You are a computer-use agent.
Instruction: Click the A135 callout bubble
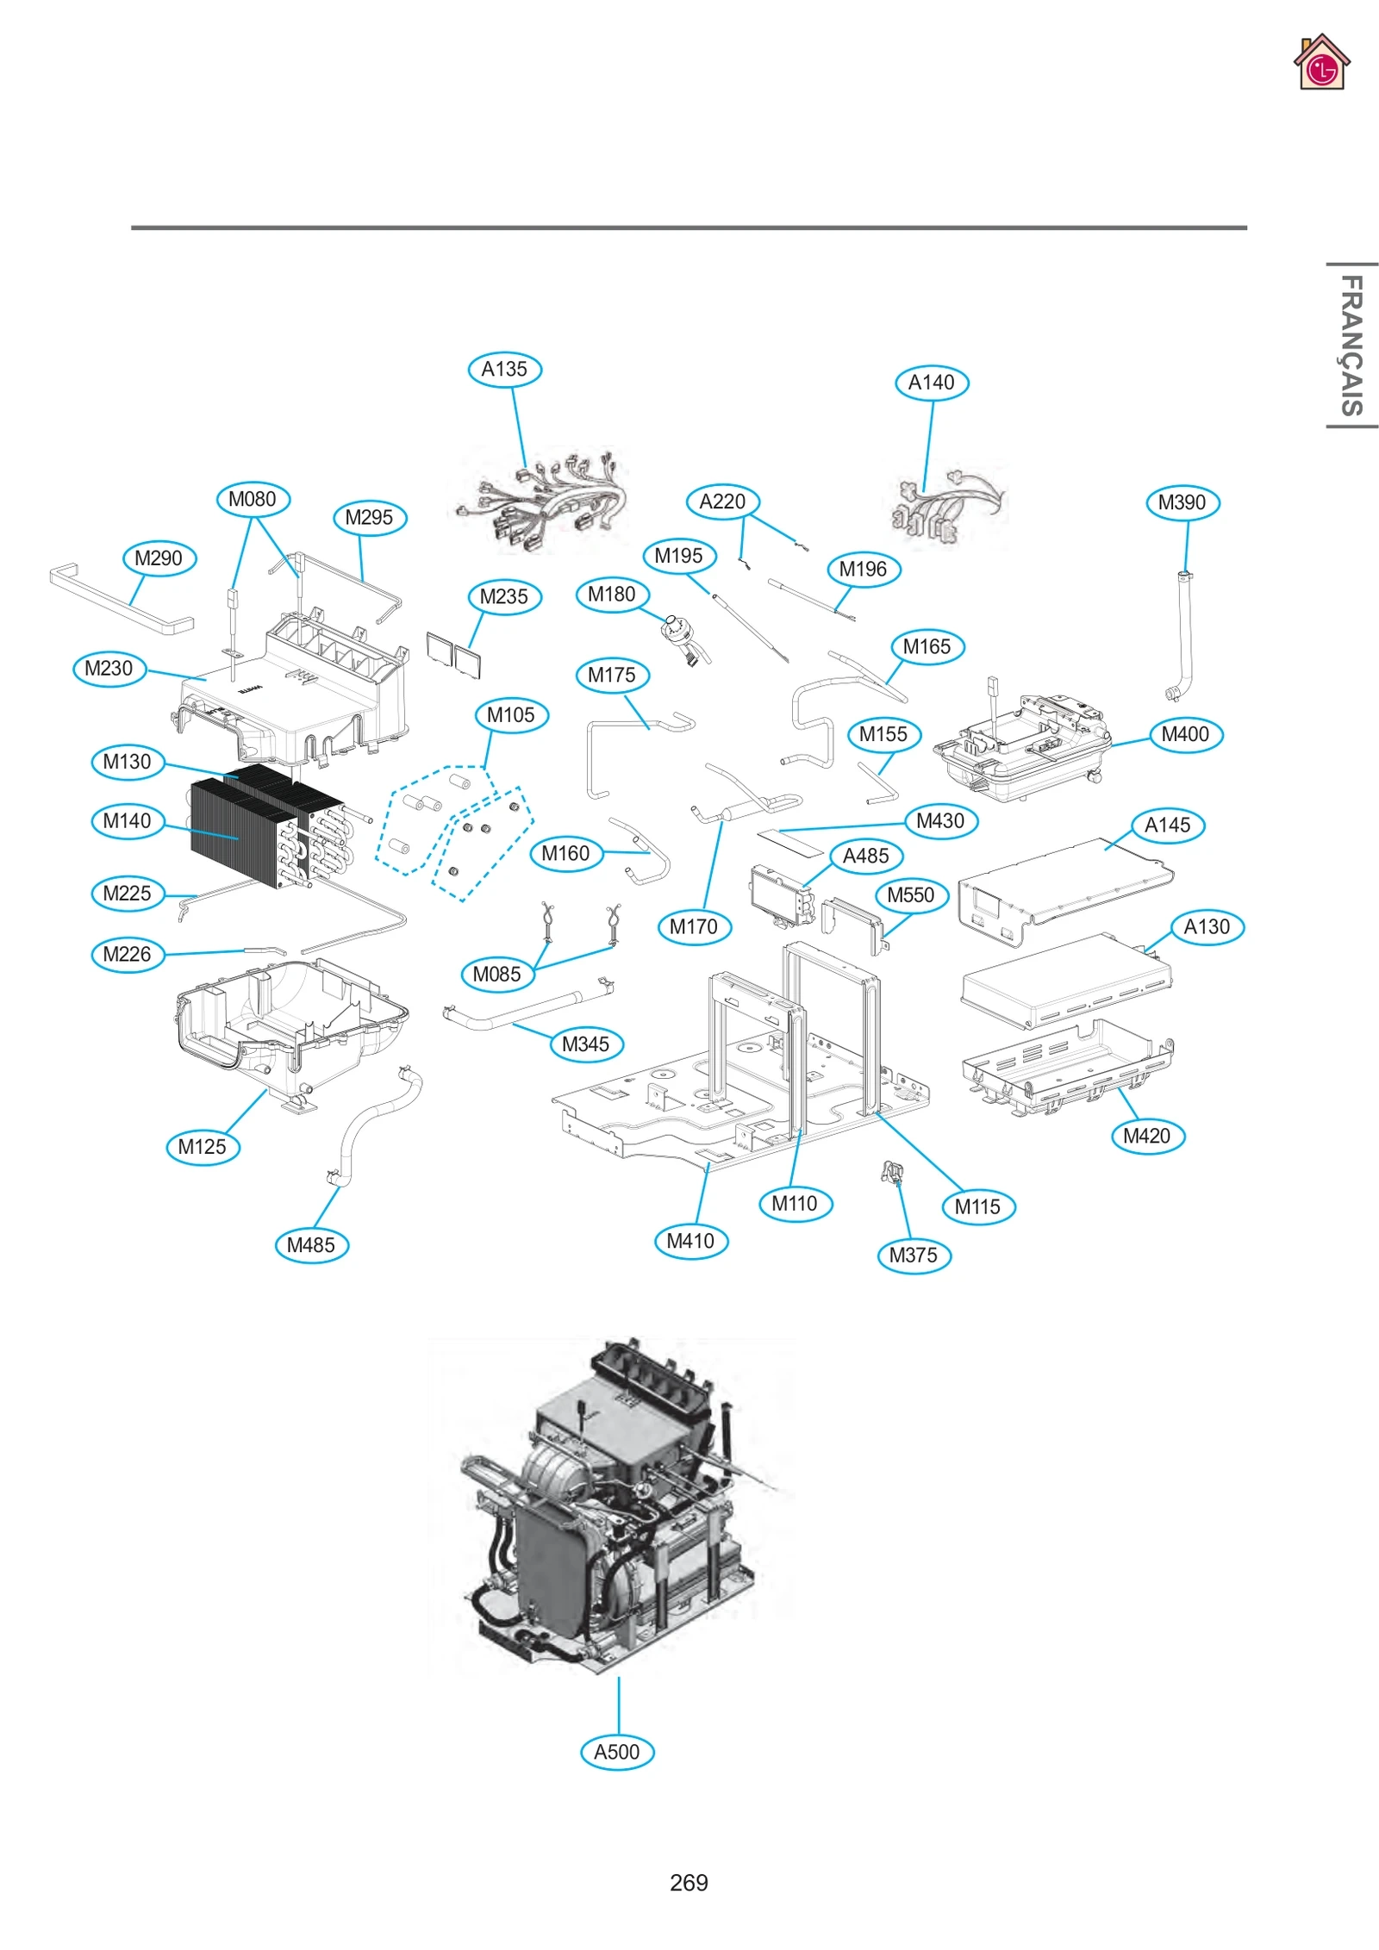(x=504, y=370)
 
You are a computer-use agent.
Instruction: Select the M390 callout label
(x=1182, y=502)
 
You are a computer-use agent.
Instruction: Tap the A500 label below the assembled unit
(x=617, y=1751)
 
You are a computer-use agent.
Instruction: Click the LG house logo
(x=1320, y=63)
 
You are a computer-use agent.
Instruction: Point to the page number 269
(x=689, y=1882)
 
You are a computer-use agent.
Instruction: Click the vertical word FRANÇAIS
(x=1351, y=345)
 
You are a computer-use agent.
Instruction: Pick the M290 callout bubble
(x=159, y=558)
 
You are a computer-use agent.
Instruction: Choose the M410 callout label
(x=690, y=1241)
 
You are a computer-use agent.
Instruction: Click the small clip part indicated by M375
(x=892, y=1173)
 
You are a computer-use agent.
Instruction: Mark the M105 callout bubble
(x=511, y=715)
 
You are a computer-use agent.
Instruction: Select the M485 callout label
(x=311, y=1245)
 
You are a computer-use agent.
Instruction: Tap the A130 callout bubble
(x=1207, y=927)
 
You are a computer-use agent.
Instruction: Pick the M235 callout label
(x=504, y=597)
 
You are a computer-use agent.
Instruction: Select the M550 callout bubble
(x=911, y=895)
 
